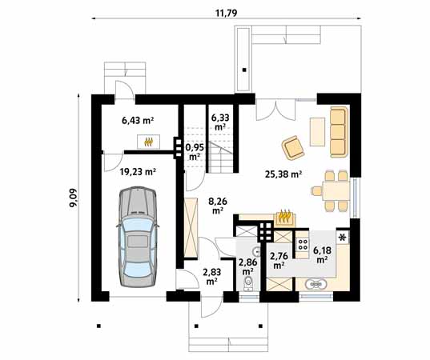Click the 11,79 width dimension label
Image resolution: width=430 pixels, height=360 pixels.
tap(227, 13)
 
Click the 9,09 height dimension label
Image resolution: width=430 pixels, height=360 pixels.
tap(74, 198)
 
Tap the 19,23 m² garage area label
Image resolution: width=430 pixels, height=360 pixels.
tap(138, 172)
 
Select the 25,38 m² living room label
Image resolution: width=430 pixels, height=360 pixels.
tap(283, 174)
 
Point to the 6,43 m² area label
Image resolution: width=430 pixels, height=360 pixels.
tap(138, 120)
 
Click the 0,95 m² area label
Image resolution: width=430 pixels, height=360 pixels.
tap(195, 152)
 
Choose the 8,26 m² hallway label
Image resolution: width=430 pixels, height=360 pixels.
tap(218, 206)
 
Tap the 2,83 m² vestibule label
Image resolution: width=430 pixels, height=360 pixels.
tap(211, 276)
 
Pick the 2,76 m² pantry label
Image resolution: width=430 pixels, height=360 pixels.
tap(279, 260)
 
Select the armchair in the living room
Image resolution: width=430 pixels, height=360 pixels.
tap(293, 147)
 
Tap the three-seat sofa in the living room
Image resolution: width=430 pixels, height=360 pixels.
tap(339, 132)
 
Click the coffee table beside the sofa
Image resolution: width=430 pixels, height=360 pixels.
tap(317, 132)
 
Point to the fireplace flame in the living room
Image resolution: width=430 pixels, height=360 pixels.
tap(284, 215)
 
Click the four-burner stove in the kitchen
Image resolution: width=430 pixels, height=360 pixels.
tap(303, 244)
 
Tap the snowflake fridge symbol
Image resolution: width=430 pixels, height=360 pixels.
tap(342, 238)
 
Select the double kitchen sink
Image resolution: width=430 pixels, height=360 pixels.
tap(316, 284)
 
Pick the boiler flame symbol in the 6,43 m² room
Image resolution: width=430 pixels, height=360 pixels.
tap(148, 142)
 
